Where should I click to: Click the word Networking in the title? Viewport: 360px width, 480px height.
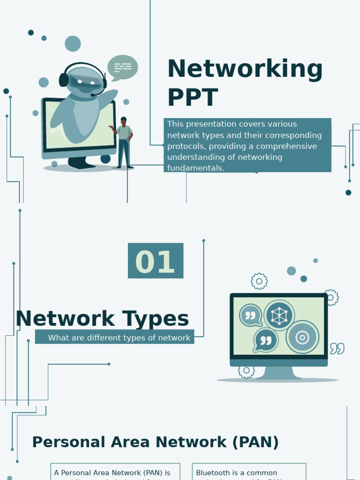pyautogui.click(x=245, y=69)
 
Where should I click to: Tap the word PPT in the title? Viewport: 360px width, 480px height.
pyautogui.click(x=193, y=98)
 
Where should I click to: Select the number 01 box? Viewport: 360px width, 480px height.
pyautogui.click(x=156, y=261)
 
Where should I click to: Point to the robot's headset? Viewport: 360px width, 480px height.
pyautogui.click(x=64, y=79)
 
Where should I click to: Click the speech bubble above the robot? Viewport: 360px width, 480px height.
pyautogui.click(x=123, y=67)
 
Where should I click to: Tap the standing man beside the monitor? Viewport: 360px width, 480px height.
pyautogui.click(x=124, y=142)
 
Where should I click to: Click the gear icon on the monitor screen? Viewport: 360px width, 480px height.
pyautogui.click(x=302, y=337)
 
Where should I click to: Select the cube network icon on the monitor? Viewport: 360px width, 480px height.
pyautogui.click(x=279, y=315)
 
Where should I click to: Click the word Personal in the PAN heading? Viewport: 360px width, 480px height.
pyautogui.click(x=68, y=442)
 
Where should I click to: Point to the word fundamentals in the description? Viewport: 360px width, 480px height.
pyautogui.click(x=196, y=168)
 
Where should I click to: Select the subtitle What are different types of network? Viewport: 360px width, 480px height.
pyautogui.click(x=119, y=337)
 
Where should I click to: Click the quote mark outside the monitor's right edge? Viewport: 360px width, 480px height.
pyautogui.click(x=337, y=348)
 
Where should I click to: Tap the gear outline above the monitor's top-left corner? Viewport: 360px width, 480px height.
pyautogui.click(x=259, y=281)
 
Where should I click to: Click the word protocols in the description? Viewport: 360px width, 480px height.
pyautogui.click(x=185, y=146)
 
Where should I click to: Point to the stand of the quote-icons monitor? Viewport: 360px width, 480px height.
pyautogui.click(x=278, y=372)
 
